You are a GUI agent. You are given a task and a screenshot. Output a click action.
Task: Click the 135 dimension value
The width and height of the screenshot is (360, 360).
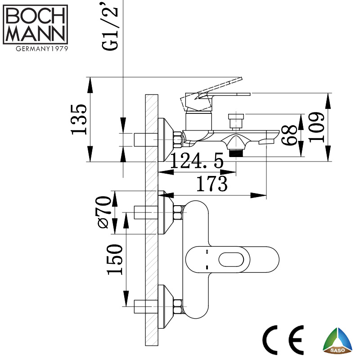80,119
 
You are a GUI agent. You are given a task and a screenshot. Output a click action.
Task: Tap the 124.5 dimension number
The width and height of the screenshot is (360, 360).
198,161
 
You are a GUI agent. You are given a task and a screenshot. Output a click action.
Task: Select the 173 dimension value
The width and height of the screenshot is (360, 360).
210,184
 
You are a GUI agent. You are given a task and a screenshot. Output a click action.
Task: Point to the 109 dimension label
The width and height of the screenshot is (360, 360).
317,127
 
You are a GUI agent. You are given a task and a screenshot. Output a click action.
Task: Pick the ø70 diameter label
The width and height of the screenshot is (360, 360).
103,211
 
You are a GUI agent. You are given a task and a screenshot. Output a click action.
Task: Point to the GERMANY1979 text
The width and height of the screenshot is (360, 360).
36,49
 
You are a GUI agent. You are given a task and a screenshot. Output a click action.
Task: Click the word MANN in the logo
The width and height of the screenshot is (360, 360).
36,34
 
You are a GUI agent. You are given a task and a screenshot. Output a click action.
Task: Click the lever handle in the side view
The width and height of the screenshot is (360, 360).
216,90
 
